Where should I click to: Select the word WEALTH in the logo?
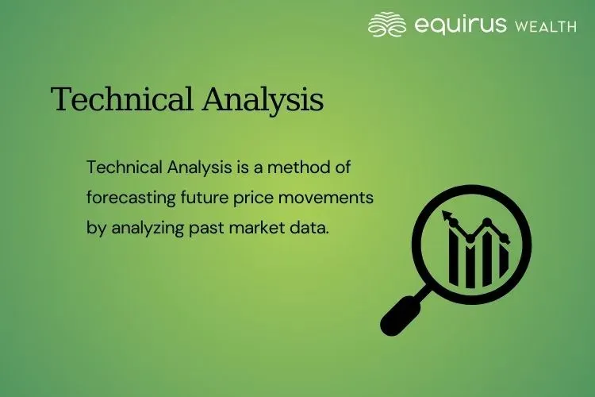pyautogui.click(x=546, y=26)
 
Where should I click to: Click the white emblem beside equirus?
pyautogui.click(x=387, y=25)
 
